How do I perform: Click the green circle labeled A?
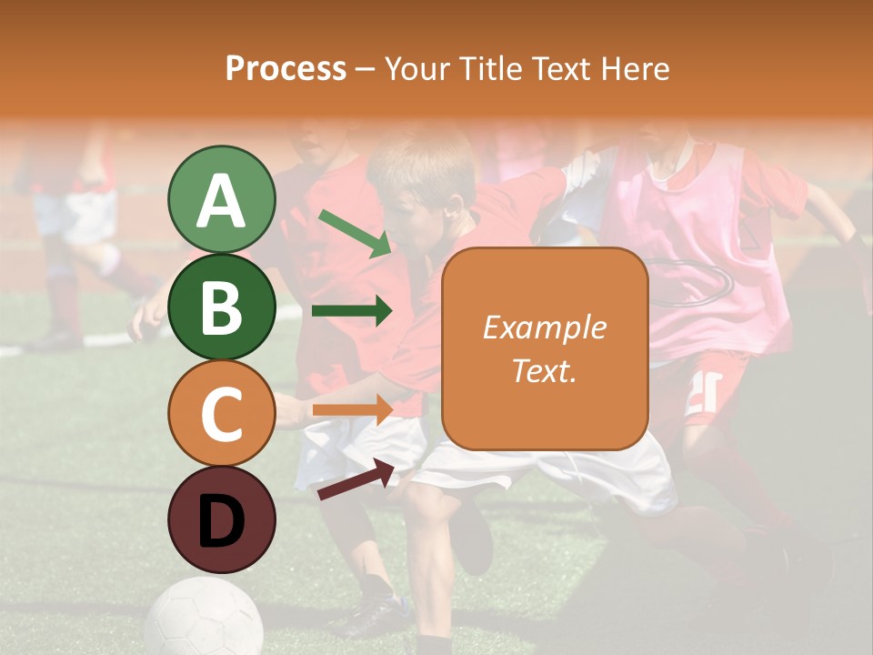pyautogui.click(x=221, y=199)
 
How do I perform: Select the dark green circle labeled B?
pyautogui.click(x=221, y=307)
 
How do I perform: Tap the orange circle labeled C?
pyautogui.click(x=221, y=413)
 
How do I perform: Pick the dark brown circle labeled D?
pyautogui.click(x=221, y=519)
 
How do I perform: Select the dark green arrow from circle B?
pyautogui.click(x=352, y=311)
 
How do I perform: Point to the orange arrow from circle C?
pyautogui.click(x=352, y=408)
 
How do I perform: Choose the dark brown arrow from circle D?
pyautogui.click(x=356, y=479)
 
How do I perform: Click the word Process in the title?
pyautogui.click(x=286, y=69)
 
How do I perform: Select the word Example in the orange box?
pyautogui.click(x=545, y=327)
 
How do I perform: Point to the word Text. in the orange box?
pyautogui.click(x=545, y=370)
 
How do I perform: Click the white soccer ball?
pyautogui.click(x=204, y=619)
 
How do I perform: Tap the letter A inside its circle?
pyautogui.click(x=221, y=201)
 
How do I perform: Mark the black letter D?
pyautogui.click(x=221, y=521)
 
